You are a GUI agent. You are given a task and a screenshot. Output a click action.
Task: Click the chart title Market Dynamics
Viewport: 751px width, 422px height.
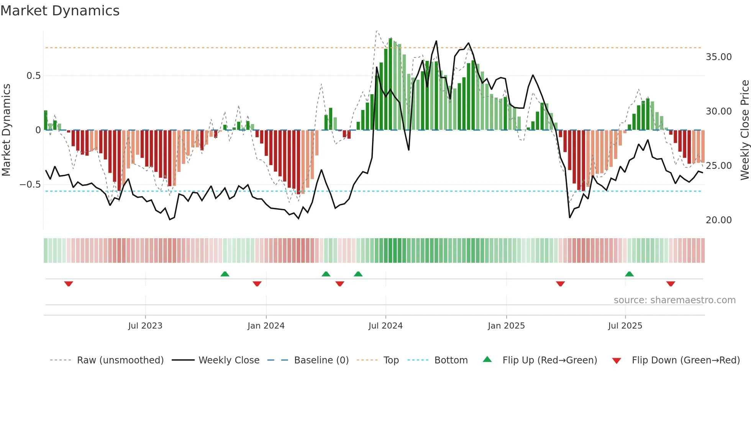[60, 11]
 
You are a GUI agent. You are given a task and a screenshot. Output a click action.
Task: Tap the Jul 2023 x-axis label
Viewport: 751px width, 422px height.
[145, 326]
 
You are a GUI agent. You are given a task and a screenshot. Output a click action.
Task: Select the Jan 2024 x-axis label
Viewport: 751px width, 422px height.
[266, 326]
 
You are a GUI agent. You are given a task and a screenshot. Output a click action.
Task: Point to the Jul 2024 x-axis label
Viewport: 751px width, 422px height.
[385, 326]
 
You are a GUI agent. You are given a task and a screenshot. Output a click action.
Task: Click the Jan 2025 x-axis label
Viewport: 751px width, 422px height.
[506, 326]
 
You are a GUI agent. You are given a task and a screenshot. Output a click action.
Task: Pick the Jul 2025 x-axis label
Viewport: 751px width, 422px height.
[625, 326]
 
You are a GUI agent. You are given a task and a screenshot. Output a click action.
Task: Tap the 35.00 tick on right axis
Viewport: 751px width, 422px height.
[718, 57]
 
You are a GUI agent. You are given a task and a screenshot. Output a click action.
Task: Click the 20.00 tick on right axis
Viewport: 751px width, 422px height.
[718, 220]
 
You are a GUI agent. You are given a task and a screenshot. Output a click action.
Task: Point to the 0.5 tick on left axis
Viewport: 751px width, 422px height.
[33, 76]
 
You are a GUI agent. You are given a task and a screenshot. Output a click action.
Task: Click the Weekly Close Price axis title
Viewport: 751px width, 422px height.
[744, 130]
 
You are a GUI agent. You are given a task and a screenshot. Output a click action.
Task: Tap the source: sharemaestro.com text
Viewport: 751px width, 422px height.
[674, 300]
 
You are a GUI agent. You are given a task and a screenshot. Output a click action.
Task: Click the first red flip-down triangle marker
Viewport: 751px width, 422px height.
[69, 284]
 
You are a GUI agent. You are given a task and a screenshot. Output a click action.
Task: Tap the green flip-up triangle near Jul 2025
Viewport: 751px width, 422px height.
[629, 274]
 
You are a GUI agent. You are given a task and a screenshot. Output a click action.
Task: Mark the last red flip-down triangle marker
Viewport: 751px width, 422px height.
[671, 284]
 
